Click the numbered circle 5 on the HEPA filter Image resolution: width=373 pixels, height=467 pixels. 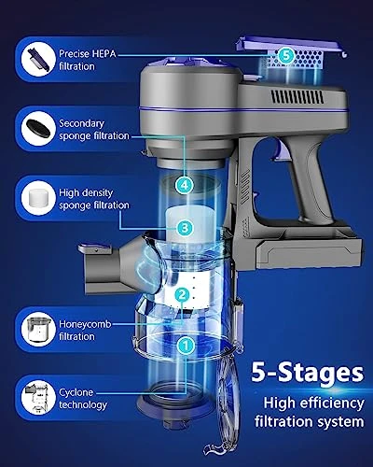(286, 55)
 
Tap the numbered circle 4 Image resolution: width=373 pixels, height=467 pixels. (185, 186)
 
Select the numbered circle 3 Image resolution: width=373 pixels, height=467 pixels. (185, 228)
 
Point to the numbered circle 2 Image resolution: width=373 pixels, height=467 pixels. (183, 294)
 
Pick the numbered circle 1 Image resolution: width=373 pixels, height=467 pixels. (186, 345)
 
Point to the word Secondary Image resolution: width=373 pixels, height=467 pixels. (81, 123)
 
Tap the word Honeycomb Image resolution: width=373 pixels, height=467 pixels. (85, 324)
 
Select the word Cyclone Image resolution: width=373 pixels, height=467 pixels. (76, 392)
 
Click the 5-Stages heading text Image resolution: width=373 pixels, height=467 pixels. (307, 373)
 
